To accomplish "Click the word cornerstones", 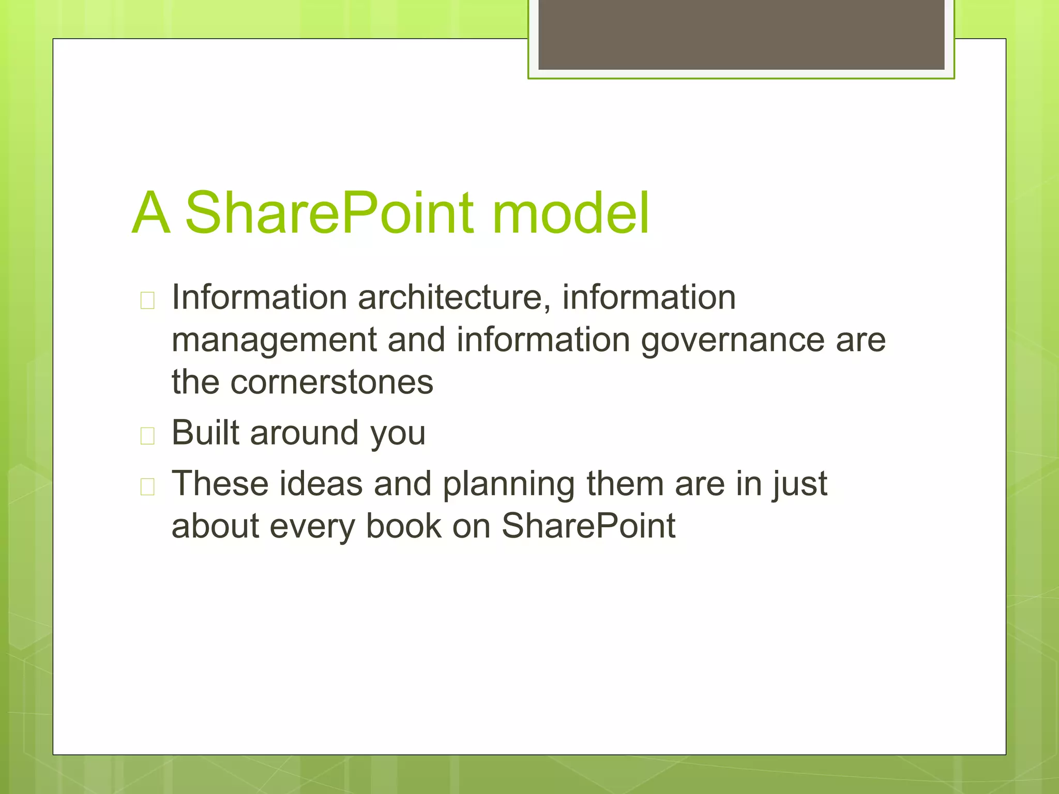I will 331,383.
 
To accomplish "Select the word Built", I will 205,433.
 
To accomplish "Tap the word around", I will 304,433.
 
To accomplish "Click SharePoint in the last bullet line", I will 588,526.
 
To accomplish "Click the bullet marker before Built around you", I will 147,436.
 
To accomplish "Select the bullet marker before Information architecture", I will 147,300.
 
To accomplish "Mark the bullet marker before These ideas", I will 147,487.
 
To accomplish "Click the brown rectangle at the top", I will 741,34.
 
